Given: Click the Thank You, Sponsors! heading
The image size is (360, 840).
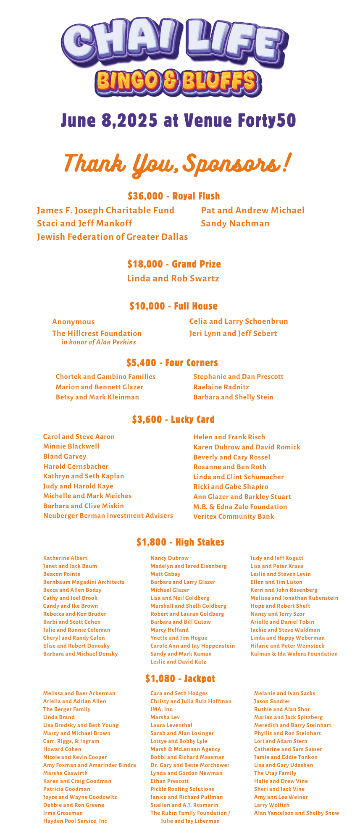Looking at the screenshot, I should (176, 163).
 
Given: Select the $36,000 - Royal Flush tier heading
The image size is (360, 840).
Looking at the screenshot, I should (174, 196).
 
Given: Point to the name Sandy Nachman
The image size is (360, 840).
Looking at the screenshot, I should (235, 223).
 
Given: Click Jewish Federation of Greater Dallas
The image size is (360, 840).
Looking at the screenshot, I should (112, 237).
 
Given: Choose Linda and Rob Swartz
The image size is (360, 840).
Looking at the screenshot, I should (173, 278).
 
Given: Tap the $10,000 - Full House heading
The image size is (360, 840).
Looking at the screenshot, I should (173, 306).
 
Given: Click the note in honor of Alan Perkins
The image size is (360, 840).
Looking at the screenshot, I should (99, 342).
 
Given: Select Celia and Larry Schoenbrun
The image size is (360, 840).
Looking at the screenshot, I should (239, 321).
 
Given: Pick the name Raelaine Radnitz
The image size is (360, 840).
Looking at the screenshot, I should (221, 387).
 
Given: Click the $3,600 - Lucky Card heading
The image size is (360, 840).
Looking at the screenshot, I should (173, 420).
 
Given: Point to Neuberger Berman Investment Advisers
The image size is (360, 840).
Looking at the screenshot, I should (108, 516).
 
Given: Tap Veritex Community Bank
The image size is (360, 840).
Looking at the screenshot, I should (234, 517).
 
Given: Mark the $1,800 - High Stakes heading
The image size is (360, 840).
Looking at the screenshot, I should (181, 542).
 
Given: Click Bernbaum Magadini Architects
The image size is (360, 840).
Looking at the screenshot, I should (84, 582).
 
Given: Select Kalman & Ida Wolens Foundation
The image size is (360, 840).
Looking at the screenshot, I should (294, 654).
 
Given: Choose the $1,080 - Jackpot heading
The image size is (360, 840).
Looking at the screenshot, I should (180, 679).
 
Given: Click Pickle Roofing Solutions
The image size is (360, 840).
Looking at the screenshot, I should (182, 789).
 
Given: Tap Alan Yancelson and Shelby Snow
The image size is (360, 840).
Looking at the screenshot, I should (297, 813).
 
